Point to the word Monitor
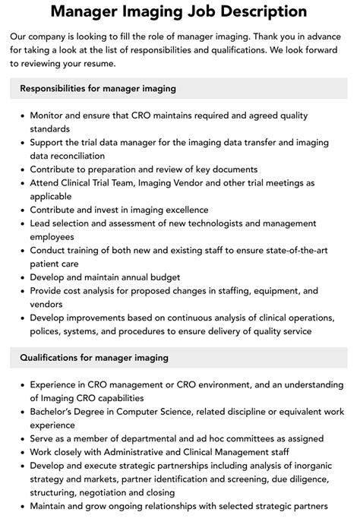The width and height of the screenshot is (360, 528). (x=51, y=116)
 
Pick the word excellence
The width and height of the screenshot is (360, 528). (x=182, y=209)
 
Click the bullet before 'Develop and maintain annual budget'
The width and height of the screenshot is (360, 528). (x=21, y=277)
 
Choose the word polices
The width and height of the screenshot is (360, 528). (x=47, y=331)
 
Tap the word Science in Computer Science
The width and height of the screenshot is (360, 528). (x=194, y=412)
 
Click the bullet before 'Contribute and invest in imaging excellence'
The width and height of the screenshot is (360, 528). (x=21, y=210)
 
